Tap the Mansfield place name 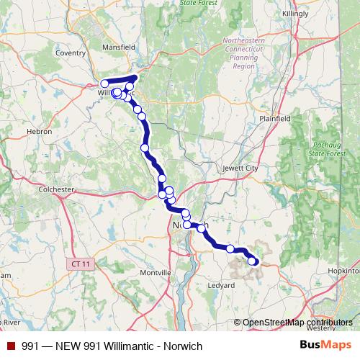[x=119, y=47]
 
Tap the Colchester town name [x=56, y=189]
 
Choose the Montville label [x=154, y=273]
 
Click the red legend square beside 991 [x=11, y=346]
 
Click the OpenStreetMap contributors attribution [x=292, y=323]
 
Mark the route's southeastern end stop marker [x=252, y=261]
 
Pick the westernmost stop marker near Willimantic [x=104, y=84]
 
